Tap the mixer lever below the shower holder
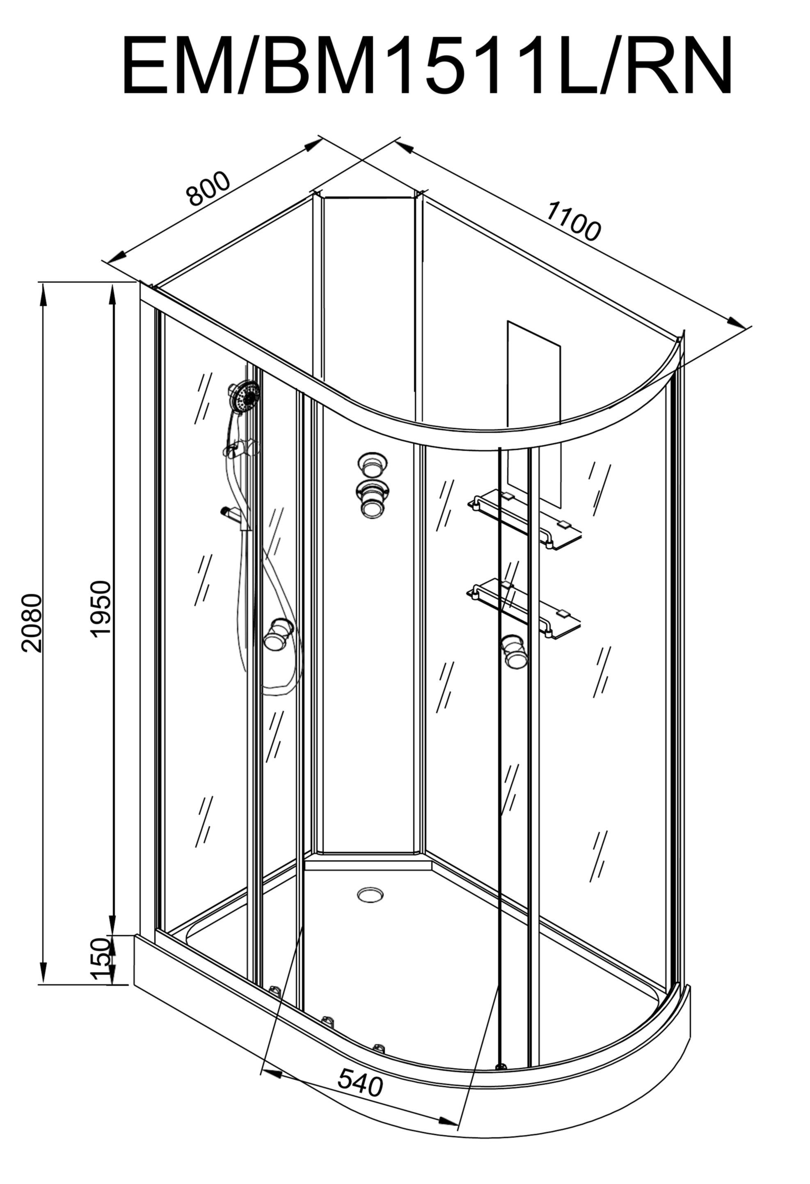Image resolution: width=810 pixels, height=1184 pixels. pyautogui.click(x=230, y=512)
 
